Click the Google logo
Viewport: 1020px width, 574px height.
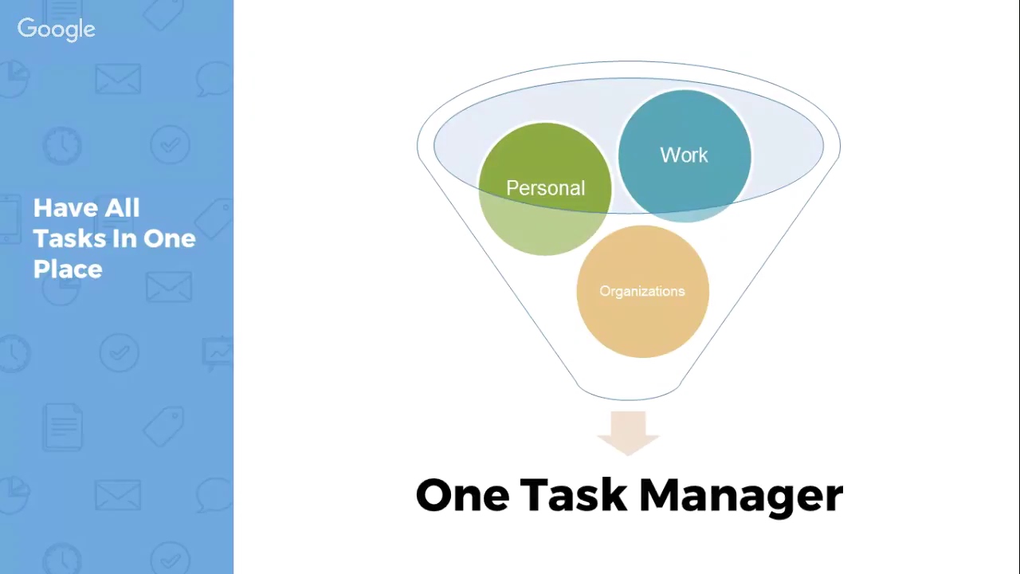point(56,29)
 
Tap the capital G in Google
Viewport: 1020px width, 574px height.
point(26,29)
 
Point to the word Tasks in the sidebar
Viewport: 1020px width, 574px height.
point(63,238)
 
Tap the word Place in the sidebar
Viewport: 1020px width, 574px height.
point(68,269)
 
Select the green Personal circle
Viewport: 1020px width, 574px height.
point(545,223)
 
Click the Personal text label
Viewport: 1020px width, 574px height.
point(545,188)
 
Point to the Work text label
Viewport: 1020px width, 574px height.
point(684,155)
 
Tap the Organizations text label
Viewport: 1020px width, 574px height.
point(641,291)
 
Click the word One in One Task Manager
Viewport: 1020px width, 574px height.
point(462,495)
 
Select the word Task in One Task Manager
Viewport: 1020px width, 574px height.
point(573,495)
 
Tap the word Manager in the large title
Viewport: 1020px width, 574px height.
point(741,495)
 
